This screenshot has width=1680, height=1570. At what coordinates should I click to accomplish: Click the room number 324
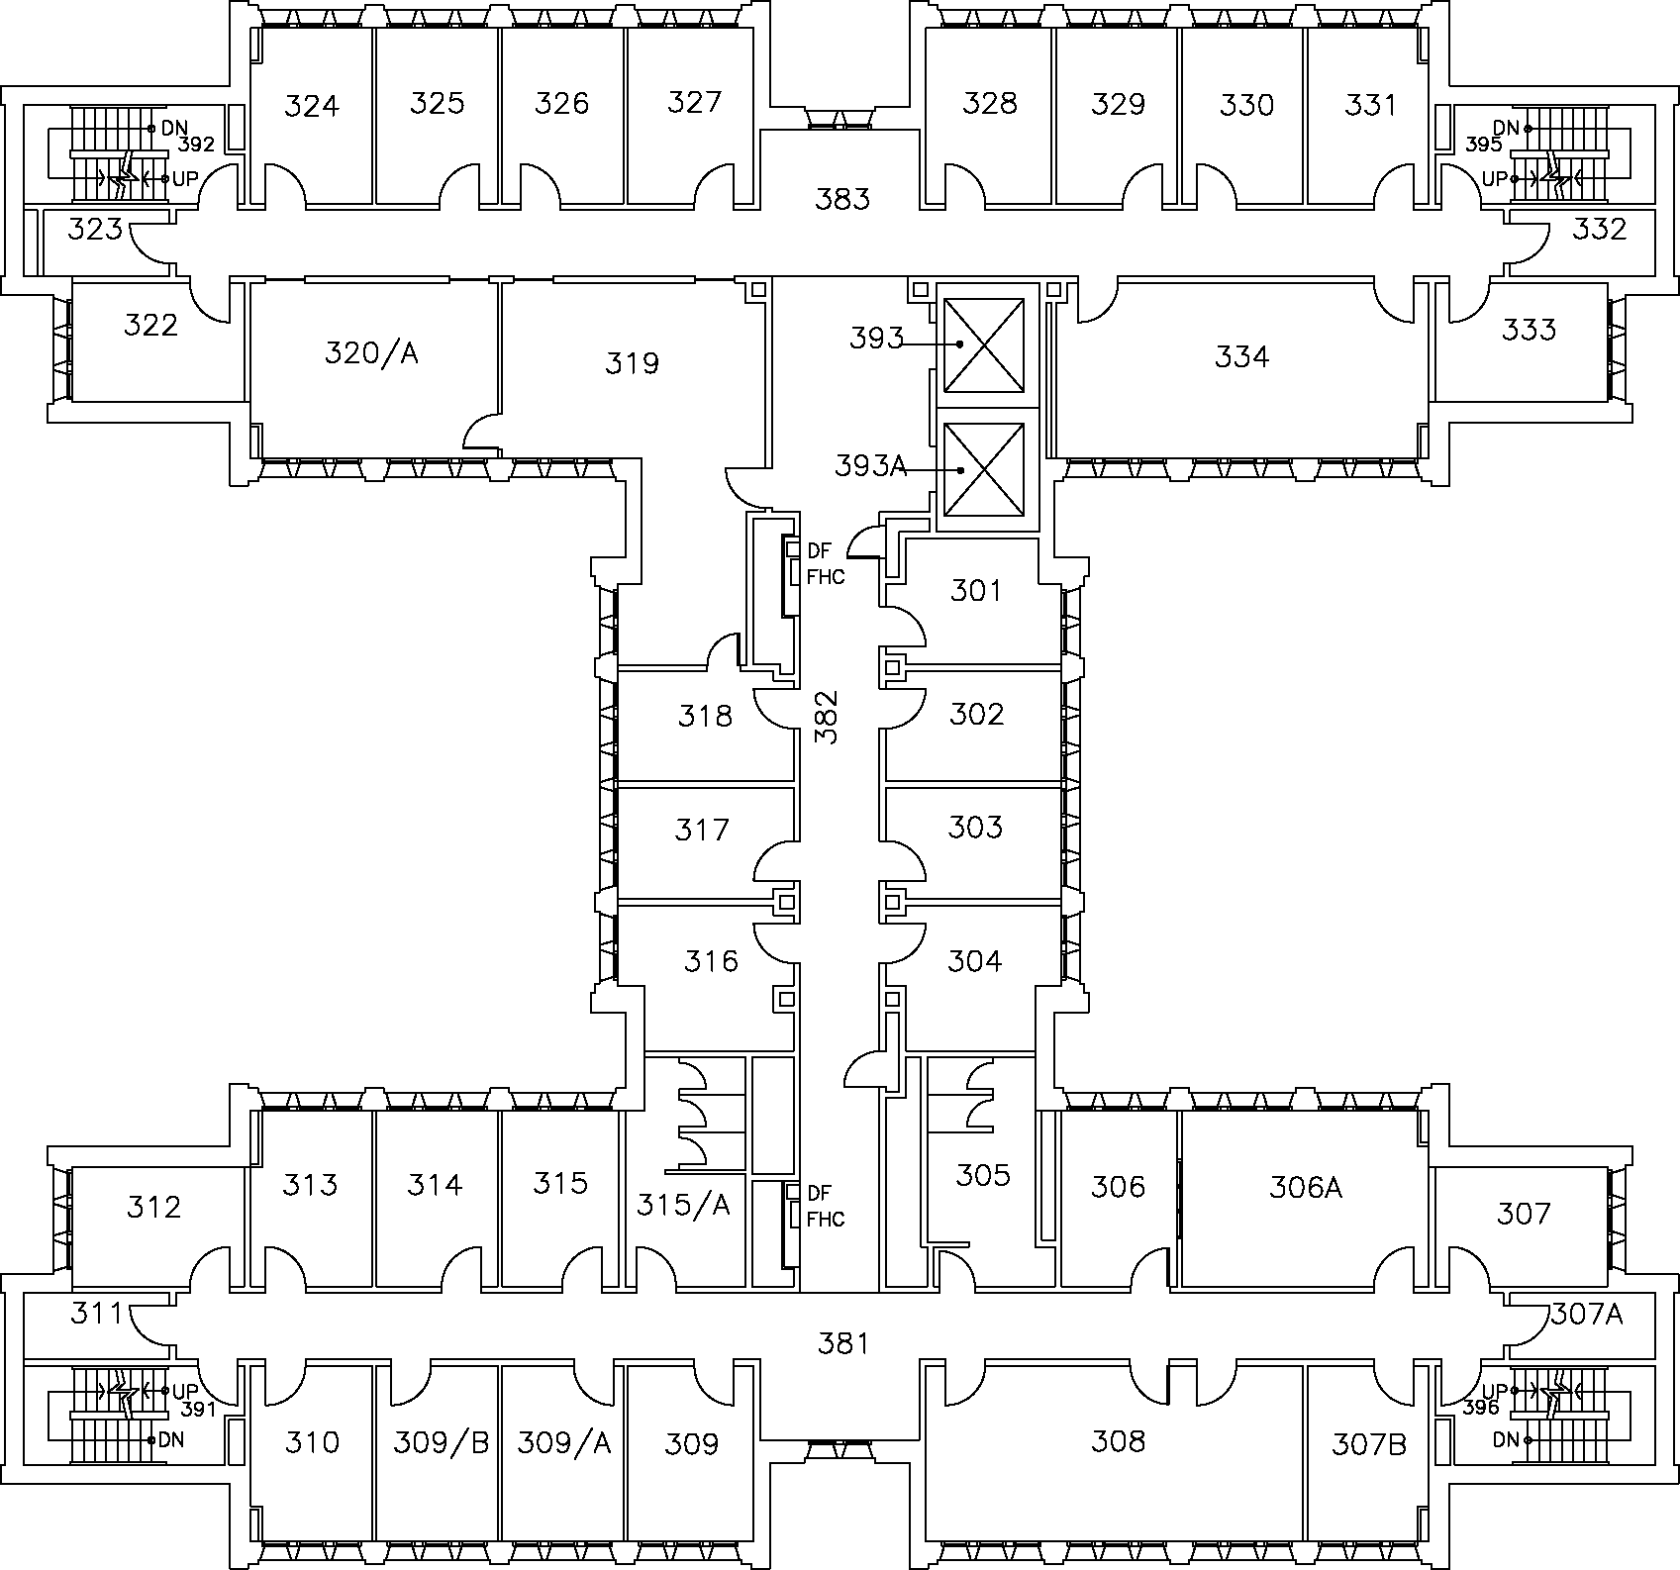pyautogui.click(x=312, y=105)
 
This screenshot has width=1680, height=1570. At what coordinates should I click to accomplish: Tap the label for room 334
pyautogui.click(x=1241, y=356)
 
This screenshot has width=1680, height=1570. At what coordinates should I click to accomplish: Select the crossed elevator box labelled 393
pyautogui.click(x=983, y=343)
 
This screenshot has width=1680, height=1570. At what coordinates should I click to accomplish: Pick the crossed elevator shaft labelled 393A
pyautogui.click(x=983, y=469)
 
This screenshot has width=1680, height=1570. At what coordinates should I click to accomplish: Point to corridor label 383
pyautogui.click(x=842, y=199)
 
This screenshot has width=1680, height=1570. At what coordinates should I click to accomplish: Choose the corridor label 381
pyautogui.click(x=843, y=1342)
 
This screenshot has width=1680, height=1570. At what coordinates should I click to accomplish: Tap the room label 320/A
pyautogui.click(x=371, y=352)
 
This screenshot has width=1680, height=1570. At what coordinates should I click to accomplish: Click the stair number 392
pyautogui.click(x=196, y=145)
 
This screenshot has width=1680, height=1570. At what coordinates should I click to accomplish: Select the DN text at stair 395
pyautogui.click(x=1505, y=128)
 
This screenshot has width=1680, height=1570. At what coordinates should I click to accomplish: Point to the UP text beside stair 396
pyautogui.click(x=1495, y=1390)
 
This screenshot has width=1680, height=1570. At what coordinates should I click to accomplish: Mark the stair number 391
pyautogui.click(x=198, y=1410)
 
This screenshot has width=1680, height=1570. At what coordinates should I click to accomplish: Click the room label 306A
pyautogui.click(x=1305, y=1186)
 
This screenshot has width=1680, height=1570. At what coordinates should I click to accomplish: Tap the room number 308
pyautogui.click(x=1118, y=1440)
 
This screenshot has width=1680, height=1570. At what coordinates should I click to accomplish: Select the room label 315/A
pyautogui.click(x=683, y=1204)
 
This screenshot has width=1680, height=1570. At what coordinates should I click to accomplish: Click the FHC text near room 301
pyautogui.click(x=826, y=576)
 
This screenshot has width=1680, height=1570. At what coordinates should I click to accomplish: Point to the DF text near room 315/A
pyautogui.click(x=819, y=1192)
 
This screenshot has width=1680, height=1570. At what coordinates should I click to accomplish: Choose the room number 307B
pyautogui.click(x=1369, y=1443)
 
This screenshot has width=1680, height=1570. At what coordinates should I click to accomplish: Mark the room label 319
pyautogui.click(x=632, y=363)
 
